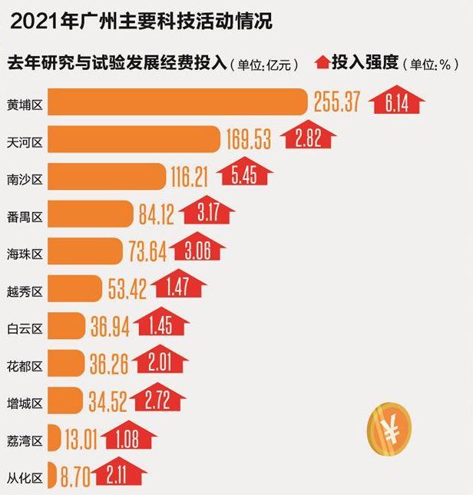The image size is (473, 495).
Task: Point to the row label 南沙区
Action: click(25, 178)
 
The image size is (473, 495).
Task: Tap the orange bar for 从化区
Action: click(51, 474)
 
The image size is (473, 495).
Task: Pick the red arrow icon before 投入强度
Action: click(321, 63)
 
